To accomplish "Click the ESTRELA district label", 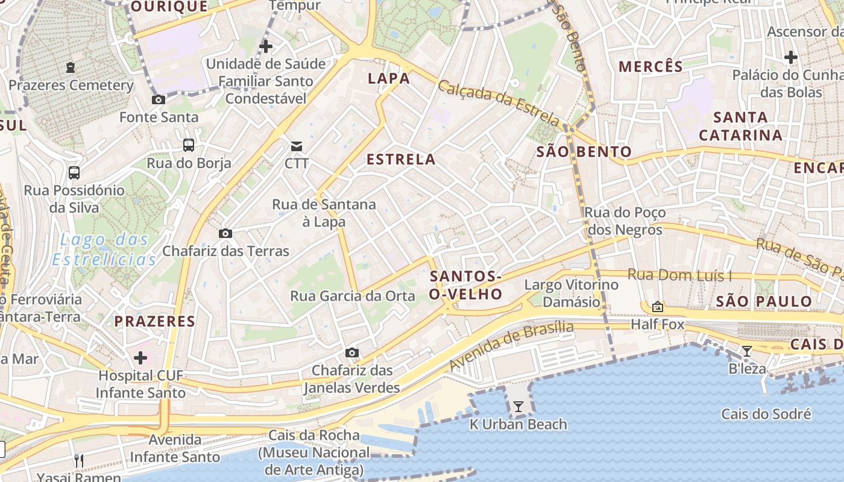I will click(x=401, y=159).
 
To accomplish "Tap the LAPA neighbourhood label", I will click(x=389, y=78).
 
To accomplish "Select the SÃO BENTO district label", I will click(x=584, y=152).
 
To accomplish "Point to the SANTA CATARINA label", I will click(x=741, y=126).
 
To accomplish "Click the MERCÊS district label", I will click(x=650, y=66).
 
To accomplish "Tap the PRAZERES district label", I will click(x=155, y=321).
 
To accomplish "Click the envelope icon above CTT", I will click(x=297, y=146).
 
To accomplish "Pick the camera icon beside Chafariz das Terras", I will click(x=225, y=233).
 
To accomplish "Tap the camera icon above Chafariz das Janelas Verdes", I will click(x=352, y=352).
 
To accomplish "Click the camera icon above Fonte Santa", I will click(x=159, y=99).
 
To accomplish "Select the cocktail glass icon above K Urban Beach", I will click(x=518, y=407).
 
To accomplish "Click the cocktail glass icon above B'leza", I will click(x=747, y=351).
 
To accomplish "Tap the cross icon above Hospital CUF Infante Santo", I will click(x=140, y=358).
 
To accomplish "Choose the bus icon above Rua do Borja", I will click(x=189, y=145).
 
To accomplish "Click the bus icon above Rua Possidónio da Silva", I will click(x=74, y=173).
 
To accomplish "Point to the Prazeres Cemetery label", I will click(x=71, y=86).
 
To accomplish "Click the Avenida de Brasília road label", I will click(x=511, y=346).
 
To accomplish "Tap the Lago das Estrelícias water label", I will click(x=104, y=249).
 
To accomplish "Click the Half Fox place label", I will click(x=658, y=325).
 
